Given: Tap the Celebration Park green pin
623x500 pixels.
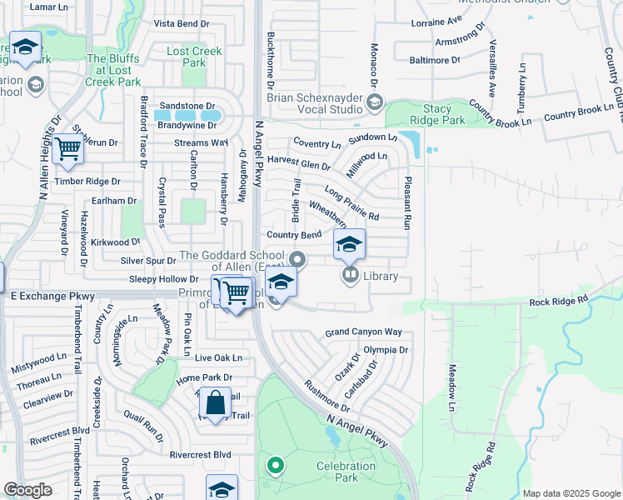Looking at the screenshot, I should pos(274,466).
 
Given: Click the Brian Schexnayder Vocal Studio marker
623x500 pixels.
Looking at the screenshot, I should pos(374,102).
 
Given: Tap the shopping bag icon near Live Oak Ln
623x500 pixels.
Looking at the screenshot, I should pos(215,402).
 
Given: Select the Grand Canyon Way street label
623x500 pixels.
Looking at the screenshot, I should pos(363,332).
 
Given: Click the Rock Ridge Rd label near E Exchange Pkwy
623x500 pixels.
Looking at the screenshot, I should pos(558,299).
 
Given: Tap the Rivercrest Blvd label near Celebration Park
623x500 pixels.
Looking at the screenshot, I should pos(200,455).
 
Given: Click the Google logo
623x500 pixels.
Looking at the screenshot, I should pos(27,490).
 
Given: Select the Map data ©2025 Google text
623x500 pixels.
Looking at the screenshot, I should pos(571,493).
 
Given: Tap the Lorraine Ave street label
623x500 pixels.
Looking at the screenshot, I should pos(436,21).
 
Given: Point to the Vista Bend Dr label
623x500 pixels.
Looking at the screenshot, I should pos(182,23).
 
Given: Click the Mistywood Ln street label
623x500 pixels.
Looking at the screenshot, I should pos(38,362).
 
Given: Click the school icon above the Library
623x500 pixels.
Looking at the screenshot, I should pos(349,245).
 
